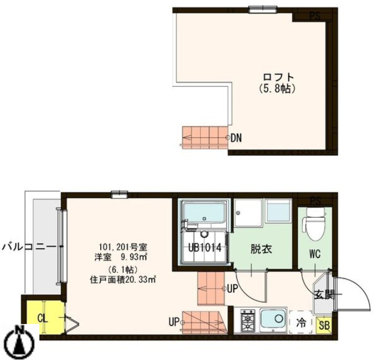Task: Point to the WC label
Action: pos(314,254)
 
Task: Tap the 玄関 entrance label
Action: pos(323,293)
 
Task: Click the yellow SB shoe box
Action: pos(324,325)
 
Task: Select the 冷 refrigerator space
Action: pos(301,323)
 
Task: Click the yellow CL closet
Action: pos(42,318)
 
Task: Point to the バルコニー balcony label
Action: pos(28,246)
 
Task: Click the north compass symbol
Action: pos(18,341)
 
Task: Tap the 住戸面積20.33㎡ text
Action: pos(122,278)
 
